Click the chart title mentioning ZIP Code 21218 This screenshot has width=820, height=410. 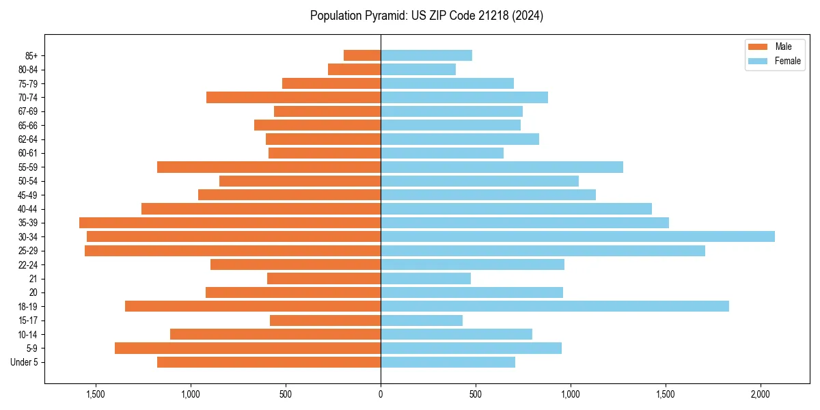[426, 16]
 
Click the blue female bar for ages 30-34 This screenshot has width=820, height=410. [577, 236]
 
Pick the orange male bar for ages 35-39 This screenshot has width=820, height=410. [230, 223]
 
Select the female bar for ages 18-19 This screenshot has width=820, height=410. [554, 306]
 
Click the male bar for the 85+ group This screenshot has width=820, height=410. [362, 55]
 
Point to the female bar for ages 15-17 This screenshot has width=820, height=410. [422, 320]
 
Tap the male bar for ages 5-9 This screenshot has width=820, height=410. [247, 348]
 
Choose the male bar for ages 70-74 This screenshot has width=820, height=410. [293, 98]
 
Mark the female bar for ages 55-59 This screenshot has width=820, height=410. [502, 167]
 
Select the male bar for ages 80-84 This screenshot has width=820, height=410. [354, 70]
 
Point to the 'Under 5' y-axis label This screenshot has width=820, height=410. [24, 362]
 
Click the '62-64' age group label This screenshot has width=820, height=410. [28, 139]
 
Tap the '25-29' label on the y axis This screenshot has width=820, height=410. [28, 251]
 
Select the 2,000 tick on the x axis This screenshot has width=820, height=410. [761, 394]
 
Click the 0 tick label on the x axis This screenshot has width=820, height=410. [381, 394]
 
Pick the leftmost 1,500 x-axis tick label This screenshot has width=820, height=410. [95, 394]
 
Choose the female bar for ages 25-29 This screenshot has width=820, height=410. [543, 251]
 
